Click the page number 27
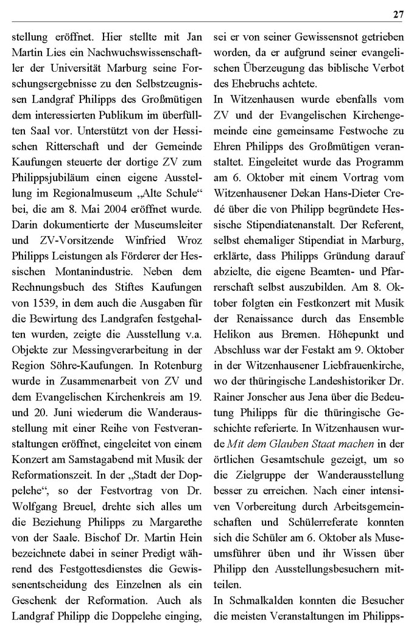[398, 15]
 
